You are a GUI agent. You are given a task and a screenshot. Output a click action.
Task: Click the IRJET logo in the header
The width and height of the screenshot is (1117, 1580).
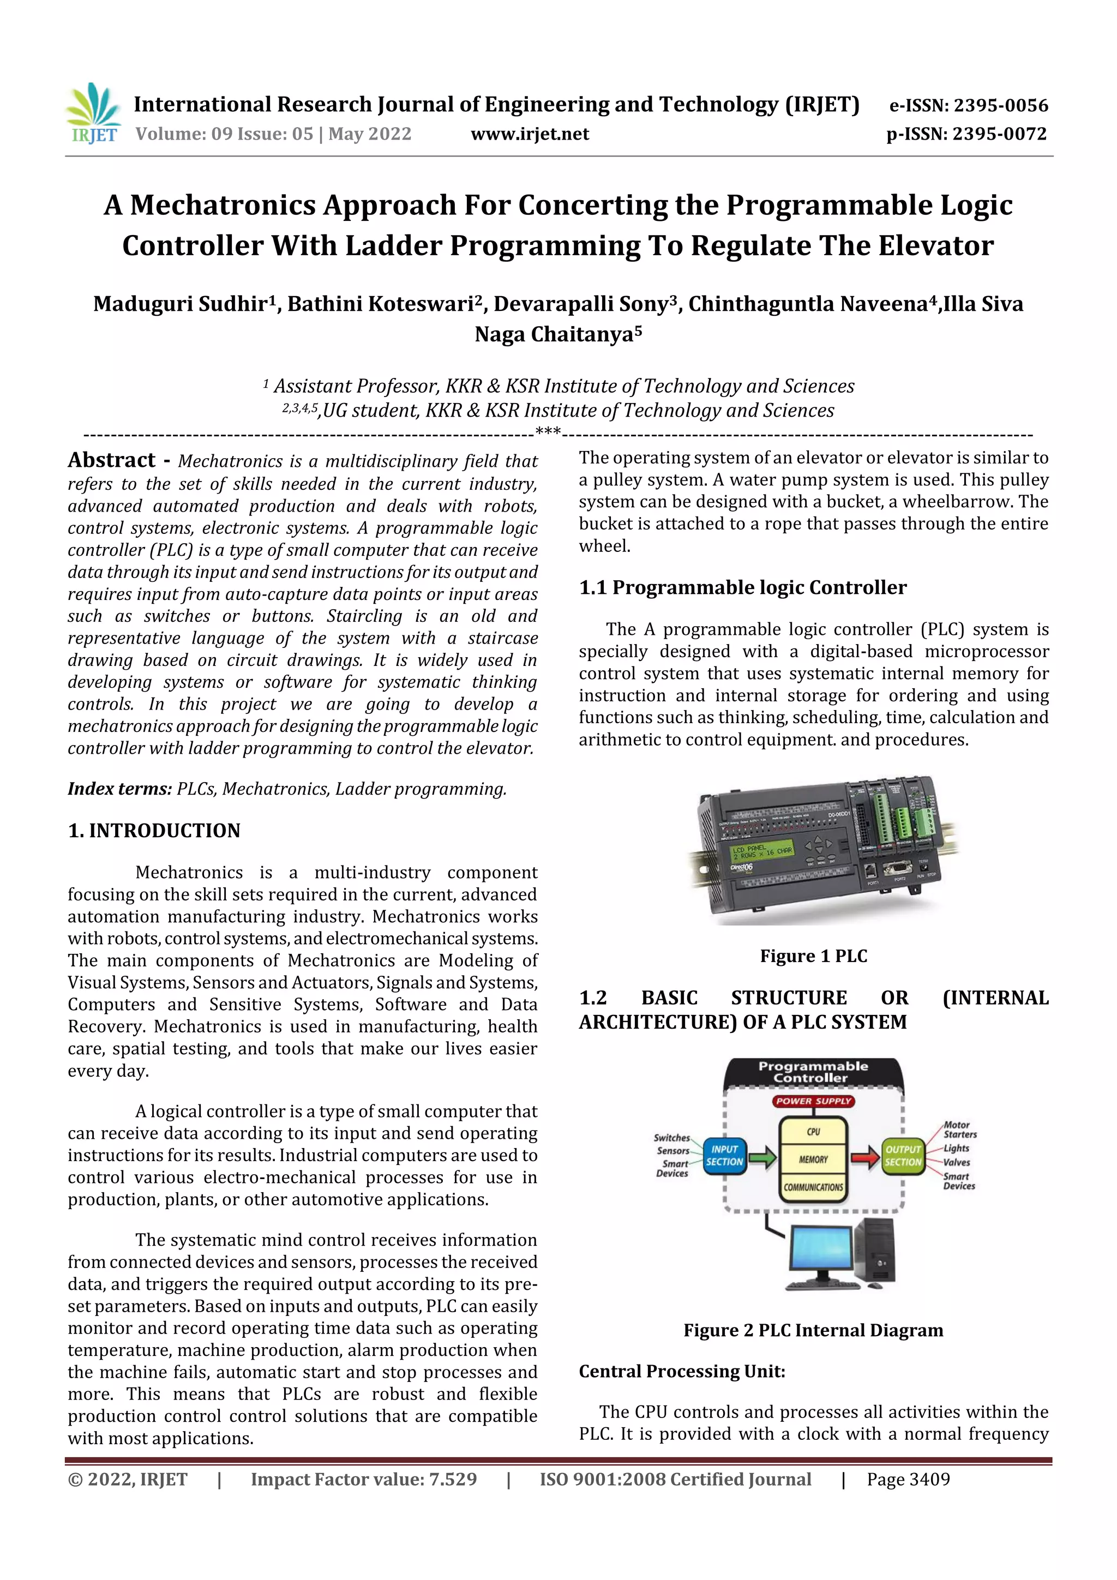pyautogui.click(x=94, y=113)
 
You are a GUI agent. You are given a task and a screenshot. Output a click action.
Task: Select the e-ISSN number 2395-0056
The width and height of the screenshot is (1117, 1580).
pyautogui.click(x=1001, y=105)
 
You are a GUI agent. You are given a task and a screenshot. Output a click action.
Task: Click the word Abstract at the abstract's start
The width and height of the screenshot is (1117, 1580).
pyautogui.click(x=111, y=460)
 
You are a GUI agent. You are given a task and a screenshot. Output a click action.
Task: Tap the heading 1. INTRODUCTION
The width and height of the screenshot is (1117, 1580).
pyautogui.click(x=154, y=831)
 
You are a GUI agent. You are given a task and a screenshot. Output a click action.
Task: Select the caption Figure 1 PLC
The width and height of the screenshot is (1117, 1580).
pyautogui.click(x=814, y=956)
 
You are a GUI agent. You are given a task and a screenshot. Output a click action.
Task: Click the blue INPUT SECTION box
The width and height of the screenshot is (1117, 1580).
pyautogui.click(x=725, y=1155)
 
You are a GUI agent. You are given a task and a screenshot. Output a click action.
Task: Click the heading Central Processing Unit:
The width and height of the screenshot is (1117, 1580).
pyautogui.click(x=681, y=1372)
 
